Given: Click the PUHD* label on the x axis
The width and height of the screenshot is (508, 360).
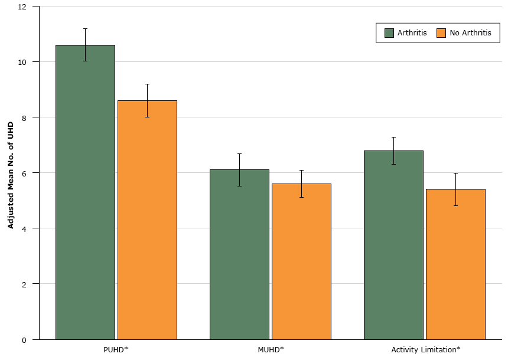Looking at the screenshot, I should [x=116, y=349].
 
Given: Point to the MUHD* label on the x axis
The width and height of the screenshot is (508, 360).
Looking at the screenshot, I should [x=271, y=349].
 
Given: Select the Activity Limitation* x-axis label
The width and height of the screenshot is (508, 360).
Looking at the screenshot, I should [x=425, y=349].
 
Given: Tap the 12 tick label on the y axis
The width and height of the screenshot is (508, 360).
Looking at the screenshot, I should [x=22, y=6].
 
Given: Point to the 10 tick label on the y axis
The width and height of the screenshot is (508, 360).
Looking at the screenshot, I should [x=22, y=62].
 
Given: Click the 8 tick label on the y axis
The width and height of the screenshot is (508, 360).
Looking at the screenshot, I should [x=24, y=117].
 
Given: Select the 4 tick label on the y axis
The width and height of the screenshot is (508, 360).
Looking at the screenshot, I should [x=24, y=228].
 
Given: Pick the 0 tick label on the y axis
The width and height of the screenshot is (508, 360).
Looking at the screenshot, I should [x=24, y=339].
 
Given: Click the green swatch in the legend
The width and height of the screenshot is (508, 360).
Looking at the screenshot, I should [x=389, y=33].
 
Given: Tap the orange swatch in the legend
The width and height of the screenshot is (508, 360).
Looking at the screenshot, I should [x=441, y=33].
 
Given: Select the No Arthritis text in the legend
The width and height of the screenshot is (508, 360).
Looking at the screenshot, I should [x=470, y=33].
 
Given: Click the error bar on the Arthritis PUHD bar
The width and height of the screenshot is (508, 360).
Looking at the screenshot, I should [x=85, y=45].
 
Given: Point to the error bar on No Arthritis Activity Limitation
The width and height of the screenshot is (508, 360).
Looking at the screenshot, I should [x=455, y=189].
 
